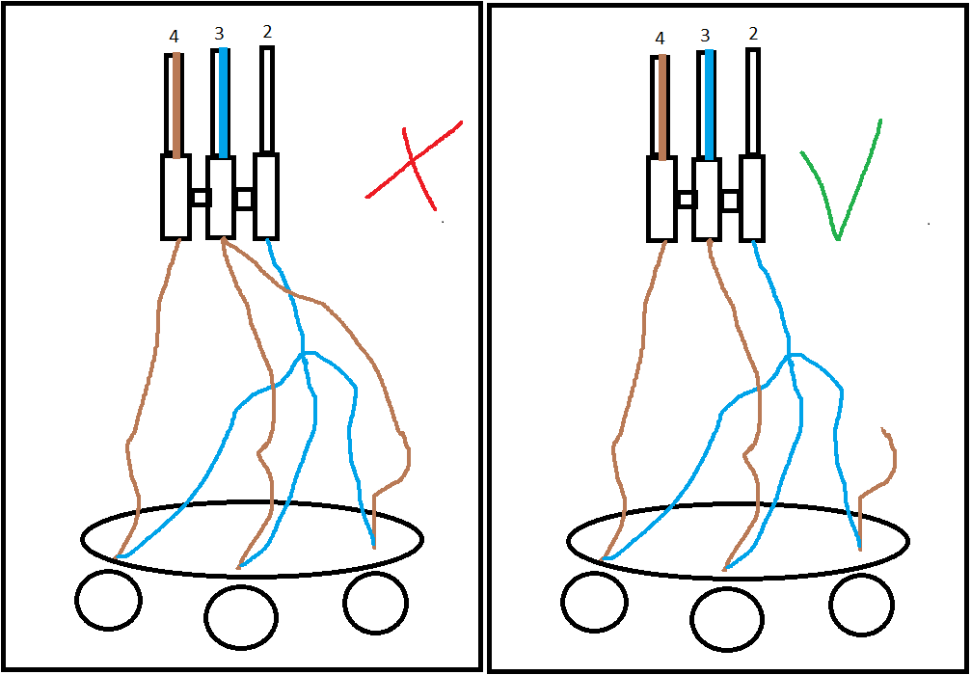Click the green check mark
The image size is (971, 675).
click(x=836, y=193)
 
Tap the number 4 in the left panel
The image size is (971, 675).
click(x=174, y=37)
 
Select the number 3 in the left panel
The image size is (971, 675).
click(x=219, y=35)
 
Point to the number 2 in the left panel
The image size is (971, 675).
click(x=267, y=32)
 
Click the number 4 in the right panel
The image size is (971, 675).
click(x=660, y=39)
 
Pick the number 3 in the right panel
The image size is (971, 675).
click(x=705, y=36)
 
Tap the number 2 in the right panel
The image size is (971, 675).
click(x=753, y=34)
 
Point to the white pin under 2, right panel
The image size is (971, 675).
click(x=753, y=100)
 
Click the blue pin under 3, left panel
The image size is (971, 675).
click(x=223, y=102)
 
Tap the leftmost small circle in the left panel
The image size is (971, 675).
click(x=107, y=599)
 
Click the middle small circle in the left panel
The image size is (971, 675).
click(x=241, y=616)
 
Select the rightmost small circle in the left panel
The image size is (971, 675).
click(x=375, y=603)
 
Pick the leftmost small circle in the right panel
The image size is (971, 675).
click(x=594, y=602)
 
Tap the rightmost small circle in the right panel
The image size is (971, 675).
click(x=862, y=605)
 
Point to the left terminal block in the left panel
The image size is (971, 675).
click(x=175, y=197)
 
